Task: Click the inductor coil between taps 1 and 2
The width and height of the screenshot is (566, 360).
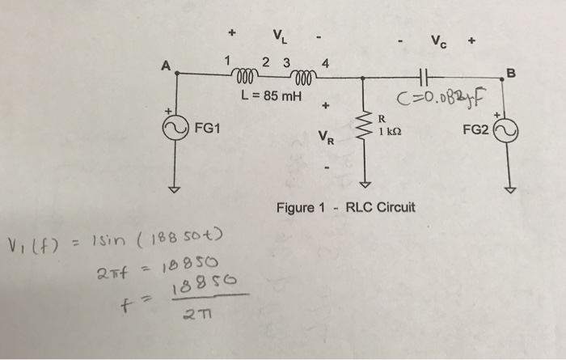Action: click(x=245, y=78)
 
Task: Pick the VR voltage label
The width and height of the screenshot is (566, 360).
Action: click(x=325, y=137)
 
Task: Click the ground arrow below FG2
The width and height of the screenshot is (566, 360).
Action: click(x=510, y=190)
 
